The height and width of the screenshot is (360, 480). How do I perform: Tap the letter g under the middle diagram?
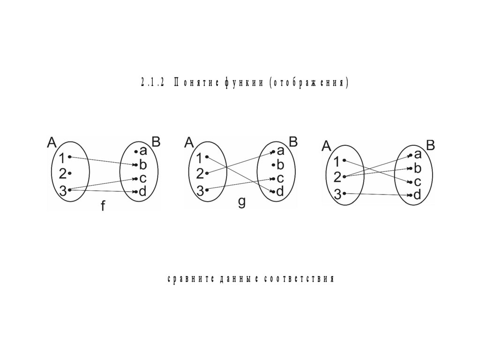click(241, 202)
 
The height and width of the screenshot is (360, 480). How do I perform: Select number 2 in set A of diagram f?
click(62, 174)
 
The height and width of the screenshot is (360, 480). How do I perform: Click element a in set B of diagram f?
click(143, 151)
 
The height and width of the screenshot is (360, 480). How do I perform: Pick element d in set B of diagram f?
click(142, 192)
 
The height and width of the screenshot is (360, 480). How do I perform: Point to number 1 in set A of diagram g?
click(200, 157)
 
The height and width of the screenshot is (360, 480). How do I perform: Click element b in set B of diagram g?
click(280, 165)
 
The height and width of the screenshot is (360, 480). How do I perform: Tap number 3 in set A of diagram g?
click(200, 190)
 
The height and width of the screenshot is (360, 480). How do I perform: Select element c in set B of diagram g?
click(280, 178)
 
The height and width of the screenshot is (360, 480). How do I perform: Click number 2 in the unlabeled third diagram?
click(337, 177)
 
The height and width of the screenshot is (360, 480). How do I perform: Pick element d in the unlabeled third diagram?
click(417, 195)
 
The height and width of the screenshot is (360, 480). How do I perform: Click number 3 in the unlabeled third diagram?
click(337, 194)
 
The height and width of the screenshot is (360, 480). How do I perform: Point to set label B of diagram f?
click(156, 142)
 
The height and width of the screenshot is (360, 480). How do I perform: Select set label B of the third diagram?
click(430, 145)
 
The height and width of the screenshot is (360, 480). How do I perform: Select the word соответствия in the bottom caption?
click(298, 279)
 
